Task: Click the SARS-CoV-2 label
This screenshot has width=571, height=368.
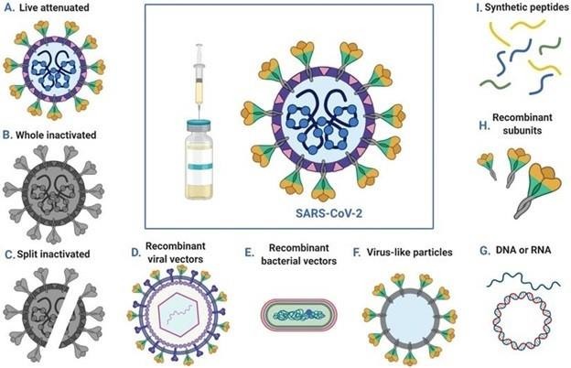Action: coord(329,212)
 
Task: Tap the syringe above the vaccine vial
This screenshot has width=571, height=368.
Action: coord(199,81)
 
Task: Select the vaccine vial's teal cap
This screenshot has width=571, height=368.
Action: coord(199,125)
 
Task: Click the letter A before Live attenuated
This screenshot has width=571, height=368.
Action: coord(9,7)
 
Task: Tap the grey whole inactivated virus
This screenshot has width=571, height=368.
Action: coord(53,193)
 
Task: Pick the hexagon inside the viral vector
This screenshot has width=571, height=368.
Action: coord(178,314)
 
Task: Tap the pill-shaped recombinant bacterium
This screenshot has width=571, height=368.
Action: coord(299,314)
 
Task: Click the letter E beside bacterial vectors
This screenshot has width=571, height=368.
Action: coord(249,252)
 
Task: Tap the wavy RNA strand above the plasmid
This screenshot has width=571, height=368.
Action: coord(523,280)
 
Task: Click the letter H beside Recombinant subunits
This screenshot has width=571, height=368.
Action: coord(484,125)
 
